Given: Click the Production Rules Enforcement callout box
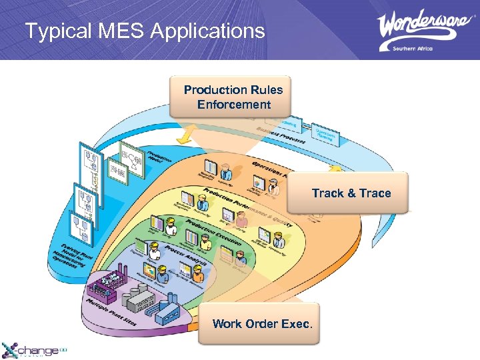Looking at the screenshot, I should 233,97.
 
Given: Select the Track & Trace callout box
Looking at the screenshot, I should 351,193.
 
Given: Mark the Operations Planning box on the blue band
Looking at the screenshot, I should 326,136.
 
